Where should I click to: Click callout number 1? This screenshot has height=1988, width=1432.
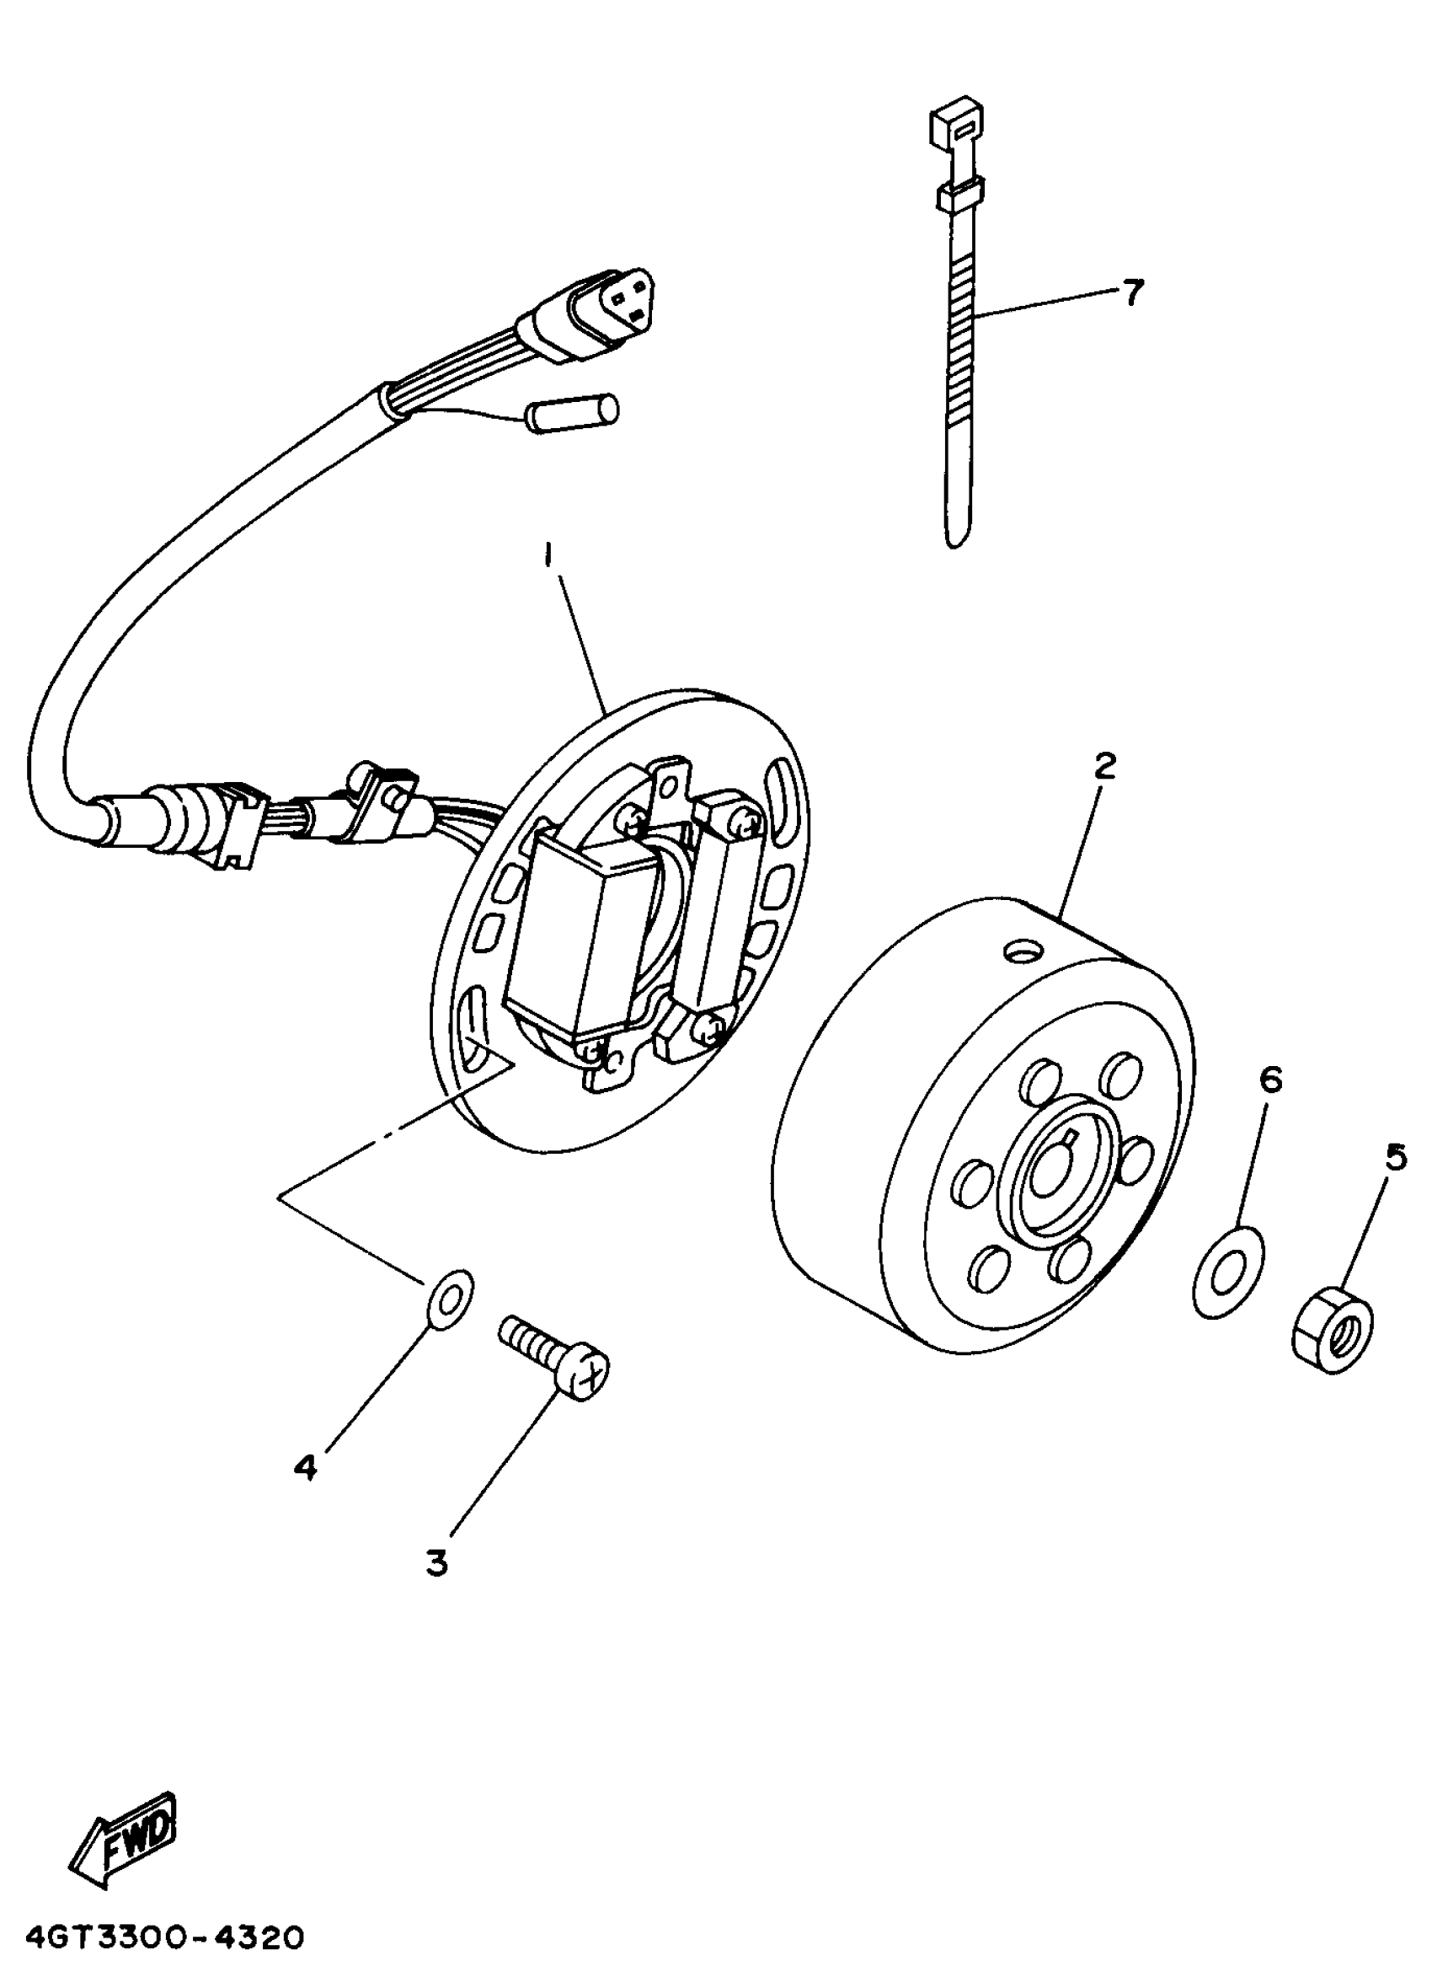[x=548, y=555]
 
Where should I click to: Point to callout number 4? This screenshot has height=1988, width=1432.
[x=304, y=1466]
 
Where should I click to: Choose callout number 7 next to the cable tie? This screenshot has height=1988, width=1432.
[x=1133, y=292]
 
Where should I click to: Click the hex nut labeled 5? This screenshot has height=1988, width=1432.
[x=1332, y=1340]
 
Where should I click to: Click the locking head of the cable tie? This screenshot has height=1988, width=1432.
[x=958, y=124]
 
